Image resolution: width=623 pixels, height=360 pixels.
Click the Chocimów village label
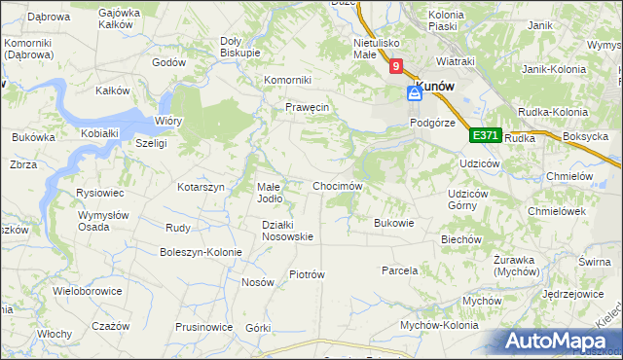pos(337,186)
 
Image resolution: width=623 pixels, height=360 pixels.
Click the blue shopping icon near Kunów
pos(414,92)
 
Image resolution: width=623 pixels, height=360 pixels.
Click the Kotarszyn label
pos(202,186)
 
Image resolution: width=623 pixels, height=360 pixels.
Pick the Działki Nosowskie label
pos(287,231)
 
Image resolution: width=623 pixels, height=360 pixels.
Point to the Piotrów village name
pos(307,274)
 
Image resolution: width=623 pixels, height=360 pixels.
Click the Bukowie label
pos(394,222)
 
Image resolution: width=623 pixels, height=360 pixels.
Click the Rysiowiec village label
pos(98,193)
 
